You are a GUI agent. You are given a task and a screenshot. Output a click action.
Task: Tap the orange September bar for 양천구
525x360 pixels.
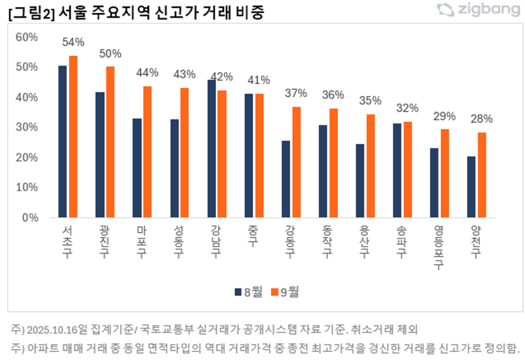click(482, 175)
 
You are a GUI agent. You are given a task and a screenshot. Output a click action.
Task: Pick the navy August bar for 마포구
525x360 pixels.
click(137, 168)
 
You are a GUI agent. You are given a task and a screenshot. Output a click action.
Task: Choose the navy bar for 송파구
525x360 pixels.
click(397, 170)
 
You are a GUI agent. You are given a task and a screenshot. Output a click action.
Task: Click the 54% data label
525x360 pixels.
click(73, 43)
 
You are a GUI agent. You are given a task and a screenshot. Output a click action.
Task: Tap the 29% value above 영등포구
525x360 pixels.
click(444, 117)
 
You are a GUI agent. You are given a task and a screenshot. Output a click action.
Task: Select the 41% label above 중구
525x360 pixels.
click(259, 81)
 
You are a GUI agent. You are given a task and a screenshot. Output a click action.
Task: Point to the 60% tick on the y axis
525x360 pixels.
click(27, 37)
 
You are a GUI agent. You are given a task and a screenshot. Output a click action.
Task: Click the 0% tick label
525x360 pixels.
click(30, 218)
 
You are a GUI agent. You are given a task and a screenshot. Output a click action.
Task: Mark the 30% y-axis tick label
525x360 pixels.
click(27, 127)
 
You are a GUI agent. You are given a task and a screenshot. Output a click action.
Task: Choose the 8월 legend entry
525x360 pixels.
click(246, 292)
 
